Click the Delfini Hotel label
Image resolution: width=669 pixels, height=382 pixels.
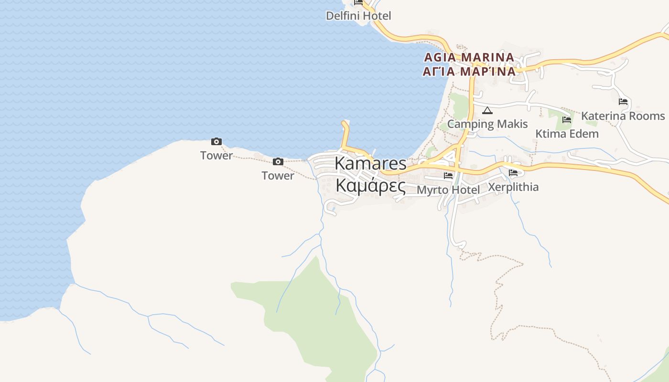358,16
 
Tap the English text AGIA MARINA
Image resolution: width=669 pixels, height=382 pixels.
469,57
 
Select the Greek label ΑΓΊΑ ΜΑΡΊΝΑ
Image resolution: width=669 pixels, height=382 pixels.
469,72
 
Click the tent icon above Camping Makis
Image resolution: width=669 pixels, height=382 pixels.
487,111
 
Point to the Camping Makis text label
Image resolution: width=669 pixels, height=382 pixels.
487,124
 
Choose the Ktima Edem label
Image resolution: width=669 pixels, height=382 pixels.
567,134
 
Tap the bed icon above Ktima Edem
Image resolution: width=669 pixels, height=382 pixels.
567,119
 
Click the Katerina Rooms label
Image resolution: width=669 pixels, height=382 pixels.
623,116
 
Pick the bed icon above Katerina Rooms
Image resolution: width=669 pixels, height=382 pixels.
623,102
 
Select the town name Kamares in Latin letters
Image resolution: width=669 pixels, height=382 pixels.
370,163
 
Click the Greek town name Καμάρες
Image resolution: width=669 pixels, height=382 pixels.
370,186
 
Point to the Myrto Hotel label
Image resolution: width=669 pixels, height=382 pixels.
448,190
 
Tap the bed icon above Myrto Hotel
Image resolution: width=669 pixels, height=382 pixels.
448,176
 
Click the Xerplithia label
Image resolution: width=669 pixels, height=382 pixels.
513,187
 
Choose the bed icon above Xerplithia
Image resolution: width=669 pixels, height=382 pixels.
513,172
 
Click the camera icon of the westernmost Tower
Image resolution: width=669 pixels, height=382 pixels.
216,141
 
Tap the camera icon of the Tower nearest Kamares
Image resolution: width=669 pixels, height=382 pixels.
278,161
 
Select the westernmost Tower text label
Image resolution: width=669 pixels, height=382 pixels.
216,155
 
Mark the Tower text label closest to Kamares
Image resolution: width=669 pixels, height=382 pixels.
278,176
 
